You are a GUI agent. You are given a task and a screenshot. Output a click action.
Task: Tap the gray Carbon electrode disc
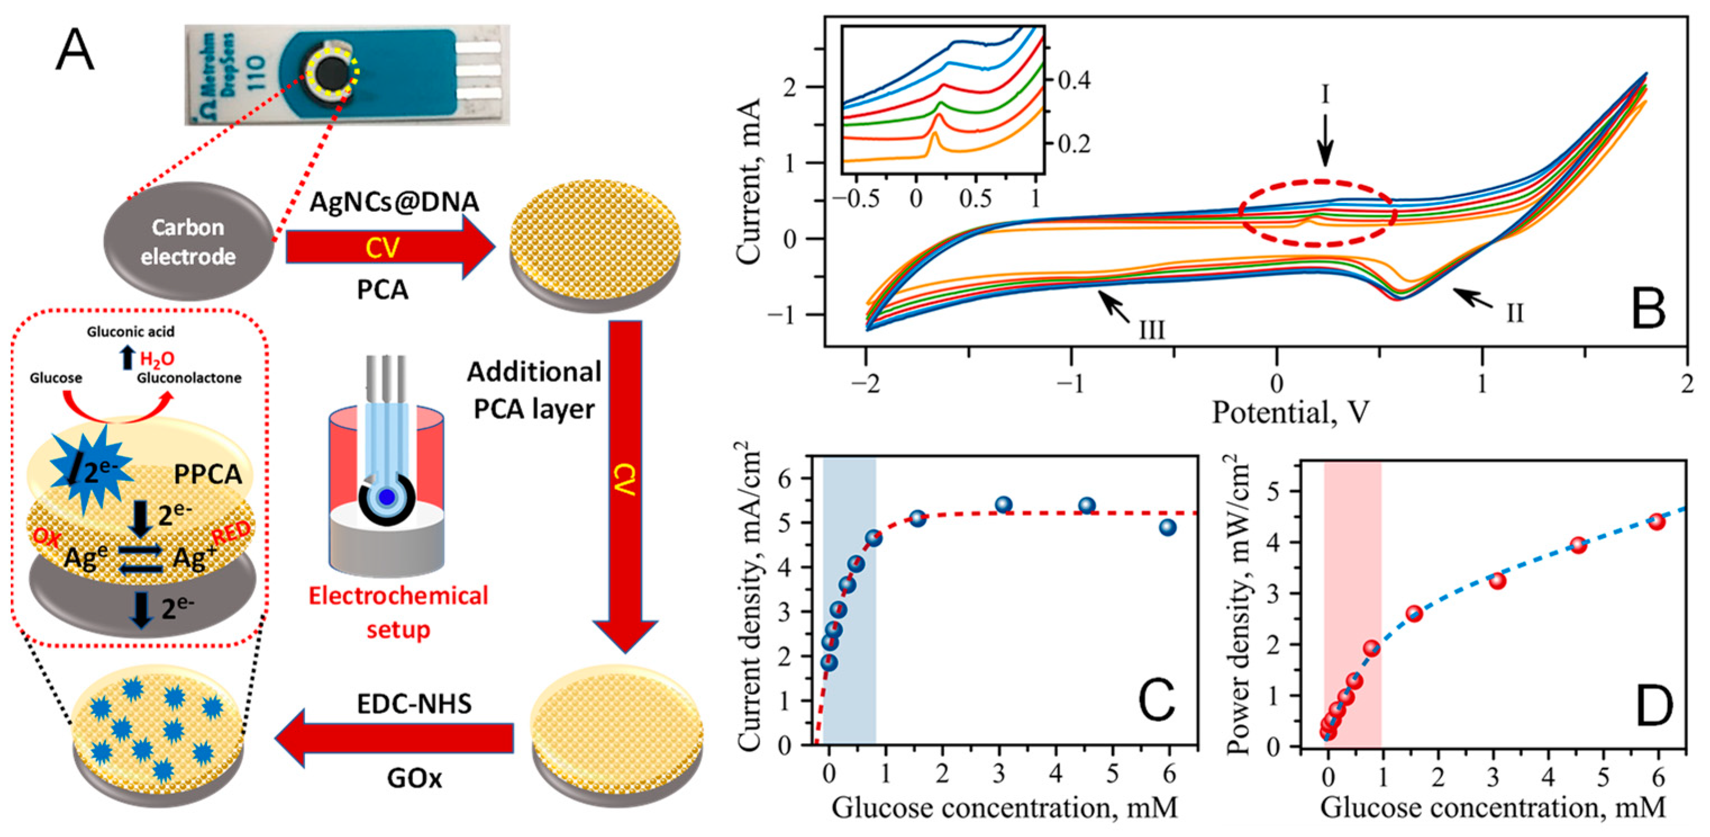(x=188, y=242)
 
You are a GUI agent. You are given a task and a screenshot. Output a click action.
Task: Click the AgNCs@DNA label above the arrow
(x=394, y=201)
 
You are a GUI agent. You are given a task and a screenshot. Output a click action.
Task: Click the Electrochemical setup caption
(x=398, y=612)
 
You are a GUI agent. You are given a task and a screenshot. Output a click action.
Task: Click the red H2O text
(x=157, y=359)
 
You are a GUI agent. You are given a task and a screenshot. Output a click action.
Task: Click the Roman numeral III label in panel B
(x=1152, y=329)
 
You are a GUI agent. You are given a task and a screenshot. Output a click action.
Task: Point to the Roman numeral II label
(x=1514, y=312)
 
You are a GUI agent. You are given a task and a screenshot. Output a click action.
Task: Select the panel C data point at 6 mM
(x=1168, y=527)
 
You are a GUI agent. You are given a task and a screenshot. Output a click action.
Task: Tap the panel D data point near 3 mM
(x=1497, y=581)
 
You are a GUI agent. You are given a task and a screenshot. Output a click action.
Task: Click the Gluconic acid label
(x=131, y=331)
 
